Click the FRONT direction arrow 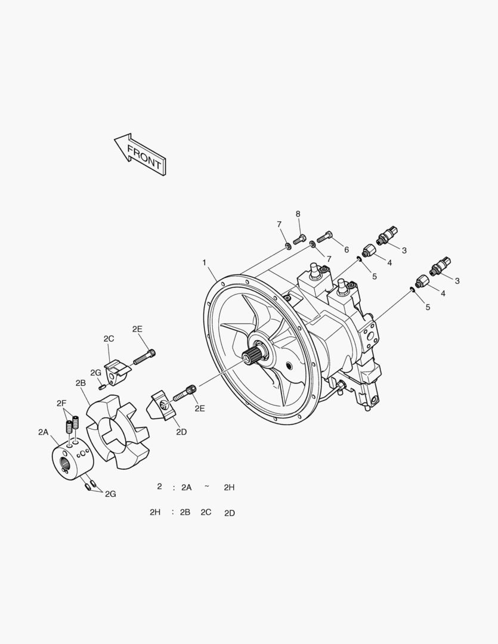[x=140, y=155]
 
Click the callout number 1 [x=204, y=262]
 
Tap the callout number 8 [x=298, y=213]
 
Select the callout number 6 [x=347, y=250]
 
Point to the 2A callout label [x=43, y=432]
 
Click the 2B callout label [x=81, y=383]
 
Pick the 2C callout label [x=109, y=339]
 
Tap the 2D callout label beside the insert [x=181, y=432]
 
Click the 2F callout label [x=61, y=404]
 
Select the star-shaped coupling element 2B [x=117, y=431]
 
